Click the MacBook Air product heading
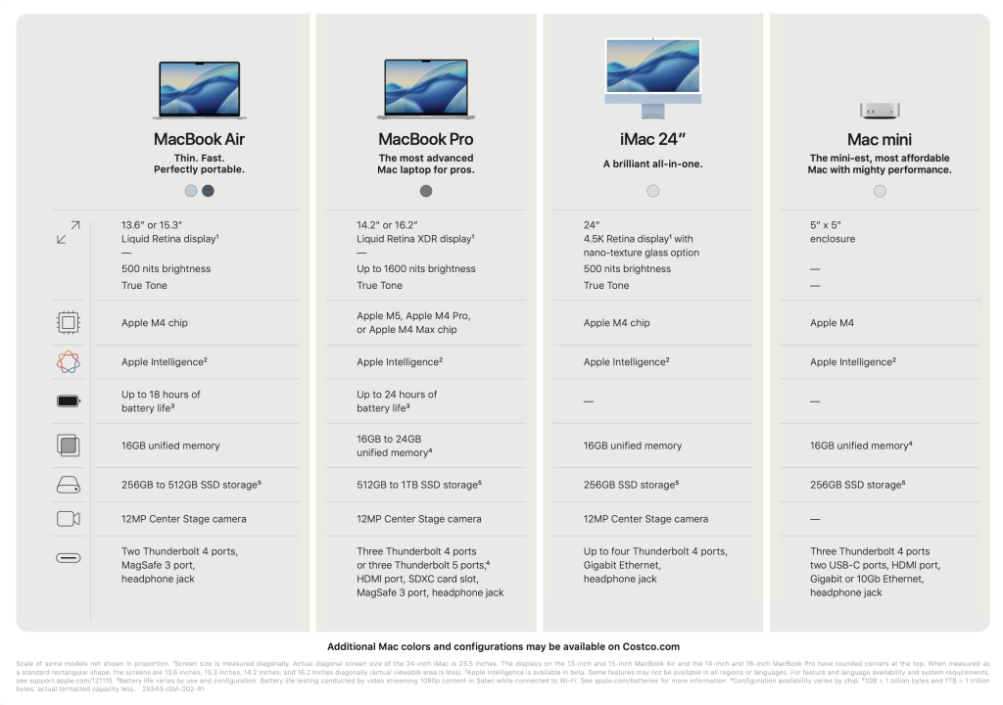pyautogui.click(x=199, y=139)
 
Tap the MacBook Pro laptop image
pyautogui.click(x=426, y=89)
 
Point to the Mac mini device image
pyautogui.click(x=880, y=110)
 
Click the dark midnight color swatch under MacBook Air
pyautogui.click(x=208, y=191)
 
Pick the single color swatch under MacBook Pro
pyautogui.click(x=426, y=191)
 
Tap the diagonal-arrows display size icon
pyautogui.click(x=69, y=233)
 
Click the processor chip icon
pyautogui.click(x=69, y=322)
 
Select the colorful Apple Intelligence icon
pyautogui.click(x=69, y=362)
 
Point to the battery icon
pyautogui.click(x=69, y=400)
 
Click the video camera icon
pyautogui.click(x=69, y=519)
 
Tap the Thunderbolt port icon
pyautogui.click(x=69, y=558)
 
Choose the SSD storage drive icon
pyautogui.click(x=69, y=484)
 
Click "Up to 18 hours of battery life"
pyautogui.click(x=162, y=401)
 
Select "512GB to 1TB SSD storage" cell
pyautogui.click(x=419, y=485)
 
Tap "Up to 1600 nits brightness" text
pyautogui.click(x=416, y=269)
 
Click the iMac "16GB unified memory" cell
pyautogui.click(x=633, y=446)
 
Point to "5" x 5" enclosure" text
pyautogui.click(x=833, y=232)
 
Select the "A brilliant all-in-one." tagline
pyautogui.click(x=652, y=164)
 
